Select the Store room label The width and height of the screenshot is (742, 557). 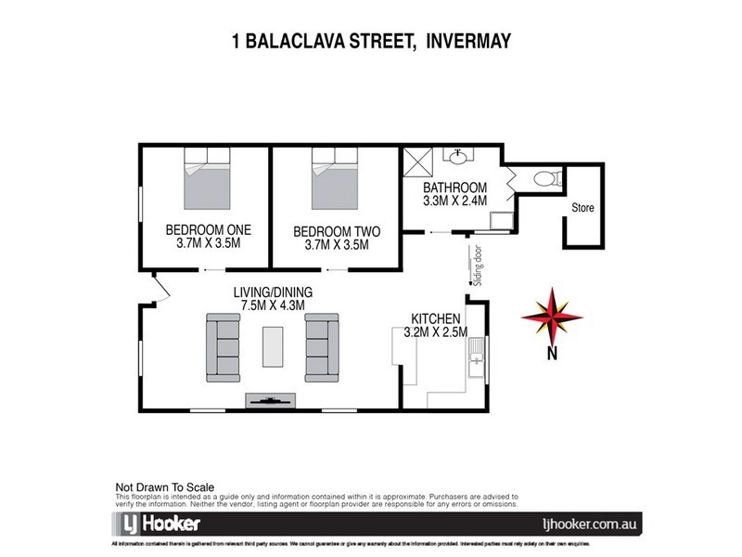(x=582, y=207)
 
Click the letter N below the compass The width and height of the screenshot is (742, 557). (x=551, y=353)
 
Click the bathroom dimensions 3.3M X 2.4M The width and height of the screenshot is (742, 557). (x=454, y=199)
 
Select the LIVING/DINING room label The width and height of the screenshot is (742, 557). (x=273, y=291)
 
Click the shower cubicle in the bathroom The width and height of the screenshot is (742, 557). (x=417, y=167)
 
